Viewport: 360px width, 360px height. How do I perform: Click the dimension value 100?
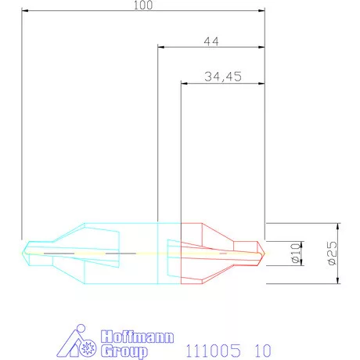coord(142,5)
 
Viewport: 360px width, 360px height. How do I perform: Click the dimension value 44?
coord(210,41)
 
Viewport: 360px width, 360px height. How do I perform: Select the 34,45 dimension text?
coord(222,76)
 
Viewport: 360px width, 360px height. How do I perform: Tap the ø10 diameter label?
coord(296,254)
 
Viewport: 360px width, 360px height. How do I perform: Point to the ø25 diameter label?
coord(331,254)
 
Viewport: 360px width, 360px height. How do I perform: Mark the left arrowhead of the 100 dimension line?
coord(26,11)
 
